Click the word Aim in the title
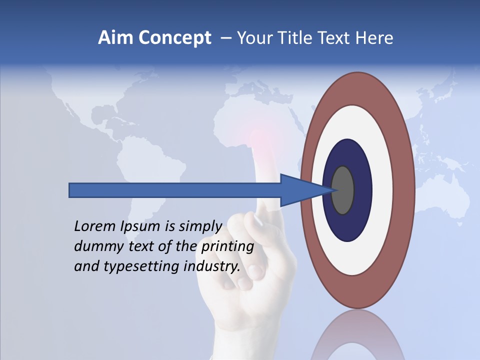(x=115, y=38)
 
